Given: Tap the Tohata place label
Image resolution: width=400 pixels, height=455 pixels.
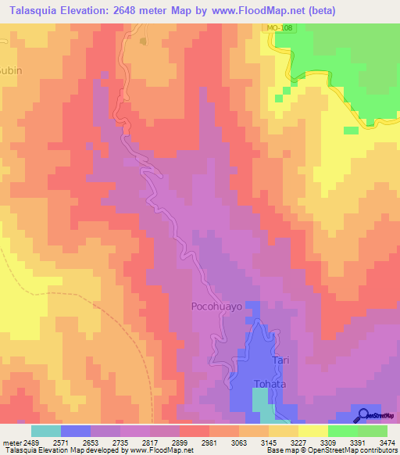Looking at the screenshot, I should (x=271, y=384).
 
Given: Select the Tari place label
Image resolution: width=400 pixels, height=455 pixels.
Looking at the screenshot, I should (x=281, y=361).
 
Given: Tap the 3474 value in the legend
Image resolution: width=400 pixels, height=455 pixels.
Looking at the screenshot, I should (x=386, y=442).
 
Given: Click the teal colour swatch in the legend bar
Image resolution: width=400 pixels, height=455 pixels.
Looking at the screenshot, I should (x=45, y=431).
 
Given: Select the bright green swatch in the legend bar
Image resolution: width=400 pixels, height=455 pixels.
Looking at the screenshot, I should (x=342, y=431).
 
